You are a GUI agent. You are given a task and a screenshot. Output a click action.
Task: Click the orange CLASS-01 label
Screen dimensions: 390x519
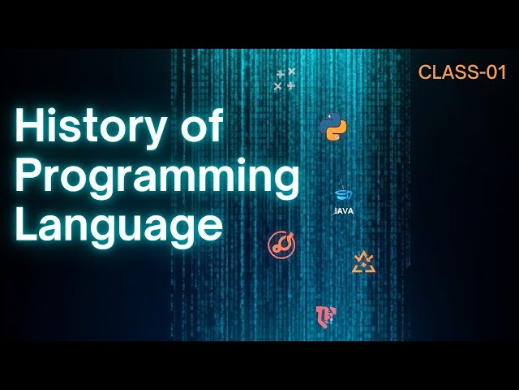pos(462,71)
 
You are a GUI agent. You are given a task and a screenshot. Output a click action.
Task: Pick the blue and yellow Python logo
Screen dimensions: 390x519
pos(333,127)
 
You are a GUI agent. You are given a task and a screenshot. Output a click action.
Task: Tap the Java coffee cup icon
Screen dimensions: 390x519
pos(343,195)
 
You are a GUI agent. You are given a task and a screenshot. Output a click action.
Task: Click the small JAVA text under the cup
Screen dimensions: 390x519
pos(343,210)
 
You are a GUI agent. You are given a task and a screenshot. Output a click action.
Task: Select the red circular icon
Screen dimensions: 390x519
pos(282,244)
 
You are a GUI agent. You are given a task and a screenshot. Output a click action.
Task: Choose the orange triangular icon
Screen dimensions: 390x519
pos(364,262)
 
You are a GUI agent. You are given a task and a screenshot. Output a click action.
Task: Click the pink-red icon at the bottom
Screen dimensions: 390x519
pos(325,316)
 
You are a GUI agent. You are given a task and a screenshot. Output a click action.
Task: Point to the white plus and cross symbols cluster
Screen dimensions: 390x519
pos(285,79)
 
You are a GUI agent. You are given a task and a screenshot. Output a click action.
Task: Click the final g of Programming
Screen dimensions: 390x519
pos(284,182)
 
